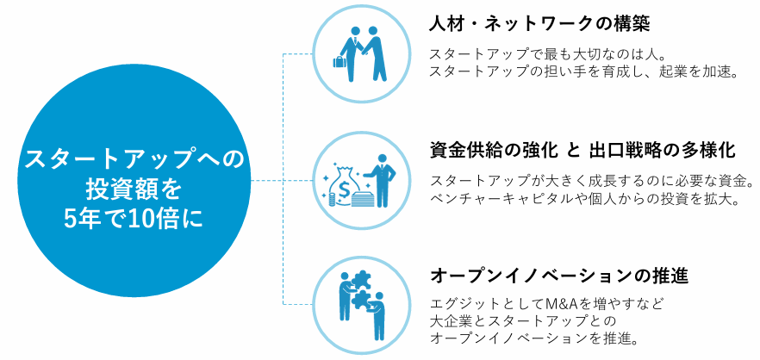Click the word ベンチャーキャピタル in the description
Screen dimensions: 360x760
click(x=510, y=199)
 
